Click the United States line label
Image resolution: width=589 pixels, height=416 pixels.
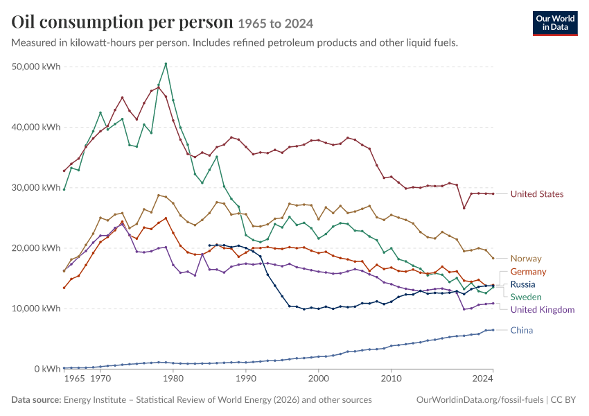click(537, 194)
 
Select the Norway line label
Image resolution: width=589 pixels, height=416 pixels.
click(526, 259)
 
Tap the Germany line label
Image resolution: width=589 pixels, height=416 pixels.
click(528, 272)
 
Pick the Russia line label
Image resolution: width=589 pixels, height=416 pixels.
click(522, 284)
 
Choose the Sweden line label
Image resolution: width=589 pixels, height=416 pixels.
click(526, 297)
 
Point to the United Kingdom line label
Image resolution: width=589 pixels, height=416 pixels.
click(543, 310)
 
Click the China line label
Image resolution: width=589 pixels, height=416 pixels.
click(521, 330)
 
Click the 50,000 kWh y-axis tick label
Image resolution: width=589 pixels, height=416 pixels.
click(36, 67)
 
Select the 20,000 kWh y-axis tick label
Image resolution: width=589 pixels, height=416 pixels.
click(36, 248)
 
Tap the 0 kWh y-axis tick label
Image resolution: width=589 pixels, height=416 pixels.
click(47, 369)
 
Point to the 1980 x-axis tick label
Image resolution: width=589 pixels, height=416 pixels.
click(173, 379)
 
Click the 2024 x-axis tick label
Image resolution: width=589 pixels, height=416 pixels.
click(483, 379)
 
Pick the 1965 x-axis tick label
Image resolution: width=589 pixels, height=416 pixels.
click(74, 379)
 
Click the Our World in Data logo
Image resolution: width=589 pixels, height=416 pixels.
click(555, 24)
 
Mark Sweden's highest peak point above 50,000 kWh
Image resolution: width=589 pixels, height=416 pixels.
click(166, 64)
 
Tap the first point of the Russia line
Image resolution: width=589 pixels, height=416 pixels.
click(209, 245)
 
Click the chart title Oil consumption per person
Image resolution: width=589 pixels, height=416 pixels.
click(123, 22)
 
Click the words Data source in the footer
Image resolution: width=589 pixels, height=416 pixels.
click(36, 400)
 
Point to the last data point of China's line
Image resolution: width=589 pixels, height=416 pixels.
click(493, 330)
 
